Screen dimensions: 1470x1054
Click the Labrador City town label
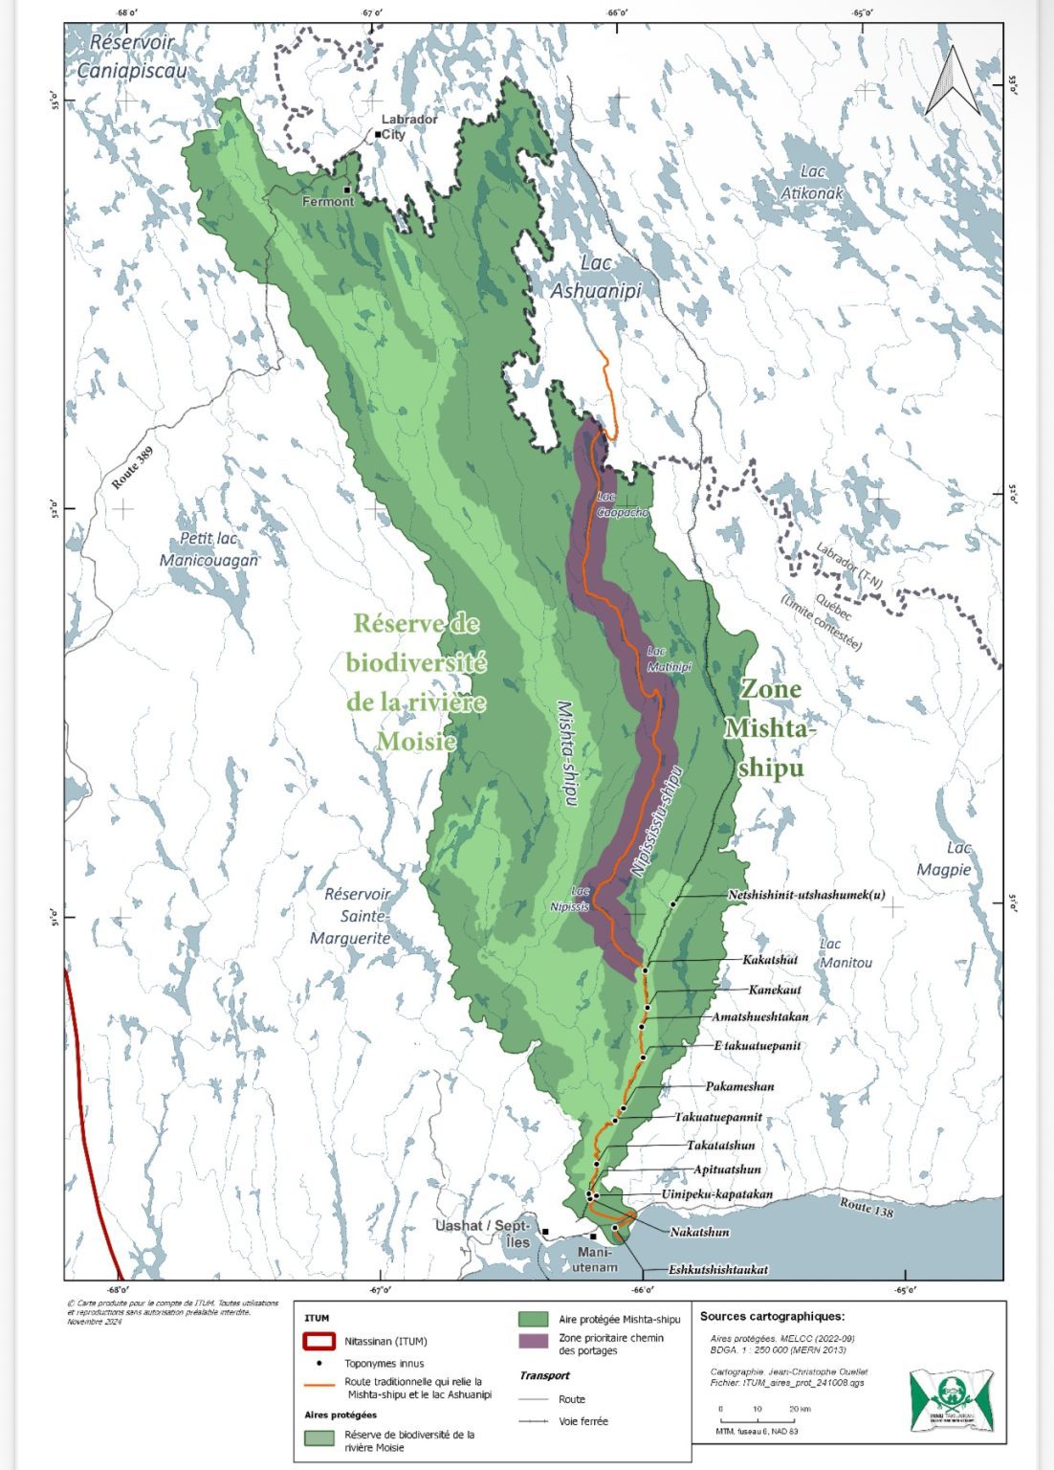[408, 127]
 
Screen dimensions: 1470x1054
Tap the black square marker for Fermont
[348, 189]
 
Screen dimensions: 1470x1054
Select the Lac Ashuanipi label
[595, 278]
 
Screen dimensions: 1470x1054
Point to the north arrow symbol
[951, 81]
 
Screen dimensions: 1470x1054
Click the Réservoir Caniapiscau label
[133, 56]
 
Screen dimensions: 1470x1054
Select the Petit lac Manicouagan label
[209, 549]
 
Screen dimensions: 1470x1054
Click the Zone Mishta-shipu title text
[771, 728]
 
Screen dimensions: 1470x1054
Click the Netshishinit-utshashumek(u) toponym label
[805, 895]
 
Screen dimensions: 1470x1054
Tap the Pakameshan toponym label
[739, 1086]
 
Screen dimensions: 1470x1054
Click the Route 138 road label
[867, 1207]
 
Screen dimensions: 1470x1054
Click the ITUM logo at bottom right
[951, 1400]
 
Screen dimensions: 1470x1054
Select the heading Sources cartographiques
[772, 1316]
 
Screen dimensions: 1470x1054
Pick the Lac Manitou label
[845, 953]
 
